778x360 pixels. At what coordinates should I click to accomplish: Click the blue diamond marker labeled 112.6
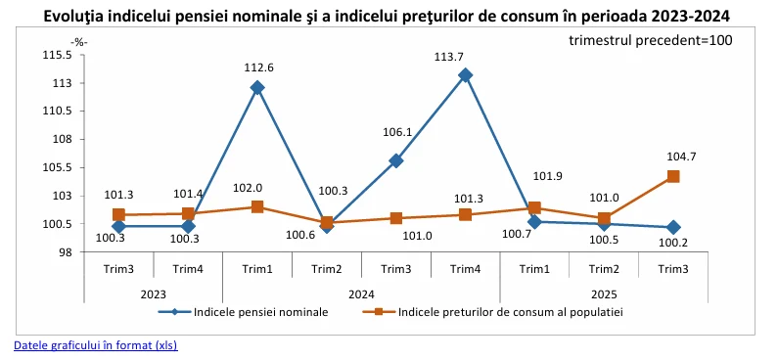click(257, 88)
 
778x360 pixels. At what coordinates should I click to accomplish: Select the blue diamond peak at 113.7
click(466, 75)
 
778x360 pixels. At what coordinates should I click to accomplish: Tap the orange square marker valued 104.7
click(673, 176)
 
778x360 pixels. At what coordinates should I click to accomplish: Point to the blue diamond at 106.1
click(396, 160)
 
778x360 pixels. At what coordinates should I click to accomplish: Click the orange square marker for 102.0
click(257, 206)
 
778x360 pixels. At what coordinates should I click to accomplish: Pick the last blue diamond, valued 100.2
click(673, 227)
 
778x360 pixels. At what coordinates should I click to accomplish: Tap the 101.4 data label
click(188, 194)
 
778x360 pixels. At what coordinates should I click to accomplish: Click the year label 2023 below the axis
click(153, 292)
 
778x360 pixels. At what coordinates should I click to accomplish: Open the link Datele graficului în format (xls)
click(95, 345)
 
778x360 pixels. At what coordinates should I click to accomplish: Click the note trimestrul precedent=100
click(650, 40)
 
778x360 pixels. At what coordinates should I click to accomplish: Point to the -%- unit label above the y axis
click(79, 41)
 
